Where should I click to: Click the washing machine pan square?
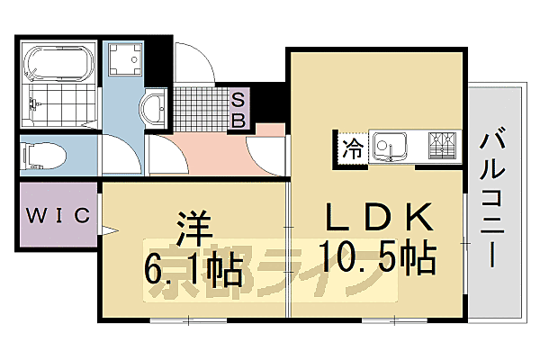124,60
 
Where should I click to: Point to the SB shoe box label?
240,108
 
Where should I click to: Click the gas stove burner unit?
442,147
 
